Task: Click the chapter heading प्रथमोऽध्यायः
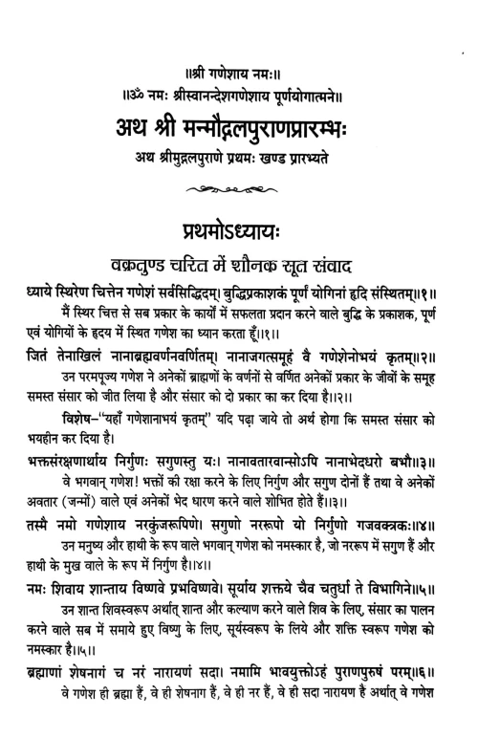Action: (239, 231)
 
